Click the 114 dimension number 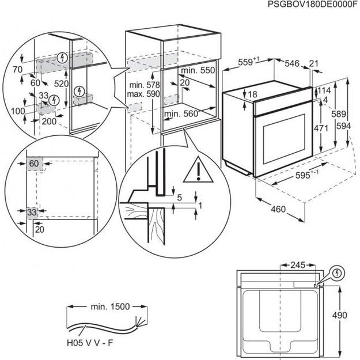tap(325, 90)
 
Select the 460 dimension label tap(278, 209)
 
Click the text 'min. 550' tap(197, 70)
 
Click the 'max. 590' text tap(139, 94)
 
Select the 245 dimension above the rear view tap(298, 266)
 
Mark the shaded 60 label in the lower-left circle tap(34, 164)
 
